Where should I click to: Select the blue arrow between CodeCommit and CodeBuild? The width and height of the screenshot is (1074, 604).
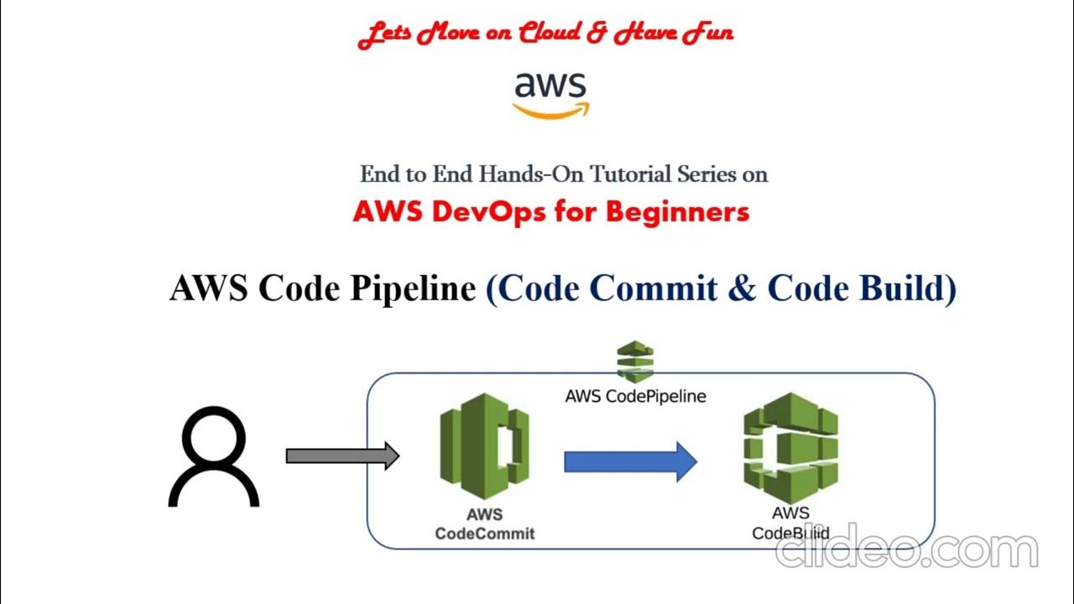tap(630, 461)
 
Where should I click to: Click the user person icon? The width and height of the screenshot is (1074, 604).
tap(214, 457)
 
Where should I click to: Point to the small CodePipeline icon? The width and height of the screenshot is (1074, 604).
tap(635, 362)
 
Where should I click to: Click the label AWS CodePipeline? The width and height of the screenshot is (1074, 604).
tap(635, 396)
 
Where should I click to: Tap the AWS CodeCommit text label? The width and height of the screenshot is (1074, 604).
tap(484, 523)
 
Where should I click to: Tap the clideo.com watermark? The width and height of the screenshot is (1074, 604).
tap(906, 549)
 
